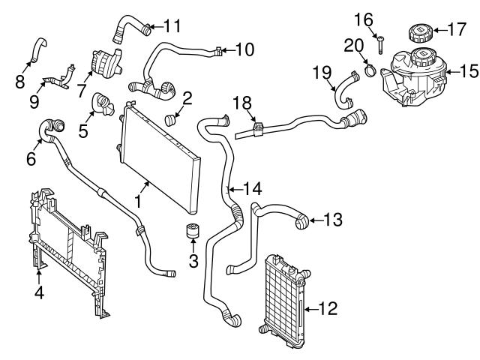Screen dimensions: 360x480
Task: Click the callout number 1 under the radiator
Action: (137, 200)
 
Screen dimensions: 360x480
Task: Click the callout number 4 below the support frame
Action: (39, 292)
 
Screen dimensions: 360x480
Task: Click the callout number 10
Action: (245, 51)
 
